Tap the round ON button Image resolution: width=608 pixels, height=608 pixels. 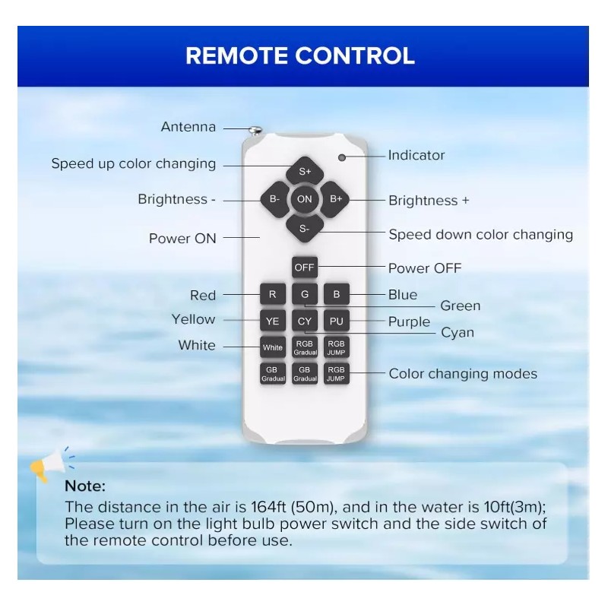305,199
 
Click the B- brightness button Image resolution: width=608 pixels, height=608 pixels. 275,199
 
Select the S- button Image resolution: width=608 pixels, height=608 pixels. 305,229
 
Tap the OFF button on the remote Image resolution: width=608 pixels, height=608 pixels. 305,268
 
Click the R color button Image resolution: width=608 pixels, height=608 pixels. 273,294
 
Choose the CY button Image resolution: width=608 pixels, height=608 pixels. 305,321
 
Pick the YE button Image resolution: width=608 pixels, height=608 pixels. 273,321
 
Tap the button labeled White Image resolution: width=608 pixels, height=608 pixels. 273,347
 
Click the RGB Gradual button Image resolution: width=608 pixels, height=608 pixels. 305,347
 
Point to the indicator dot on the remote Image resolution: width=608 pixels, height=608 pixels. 342,157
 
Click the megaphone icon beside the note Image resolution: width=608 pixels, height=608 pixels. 52,464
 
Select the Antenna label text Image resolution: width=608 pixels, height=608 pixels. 188,127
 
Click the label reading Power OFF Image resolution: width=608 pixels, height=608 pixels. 425,268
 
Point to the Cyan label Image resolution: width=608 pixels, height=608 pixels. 458,333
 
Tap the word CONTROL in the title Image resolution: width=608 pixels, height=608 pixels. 355,55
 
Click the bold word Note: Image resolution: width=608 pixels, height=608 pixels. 85,486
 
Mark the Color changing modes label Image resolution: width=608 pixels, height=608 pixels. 463,374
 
